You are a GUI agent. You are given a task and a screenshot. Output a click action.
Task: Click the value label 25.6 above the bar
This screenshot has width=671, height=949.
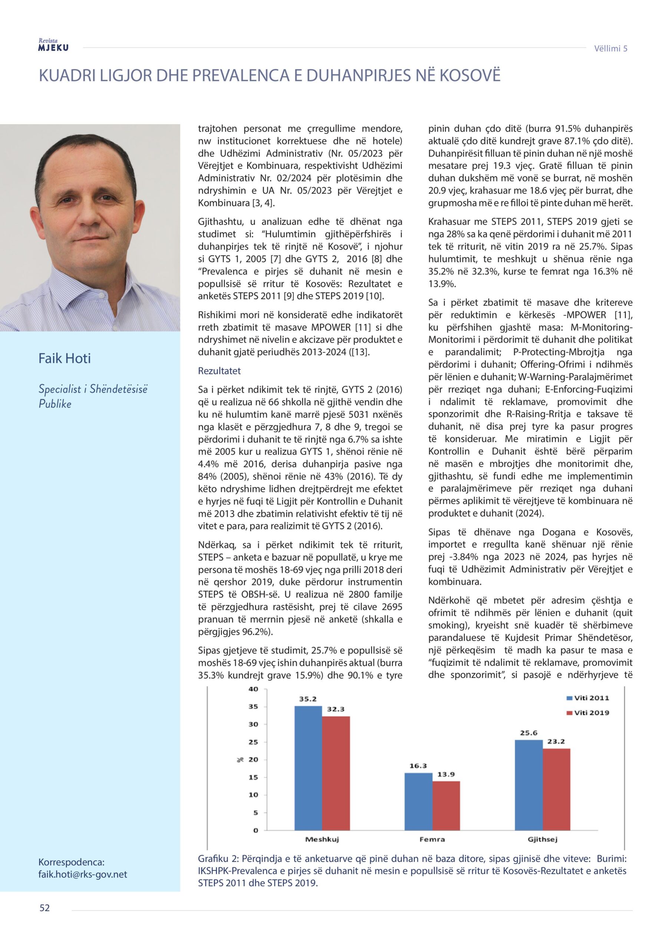click(528, 733)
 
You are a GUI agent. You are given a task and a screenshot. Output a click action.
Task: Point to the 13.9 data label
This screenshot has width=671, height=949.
click(446, 774)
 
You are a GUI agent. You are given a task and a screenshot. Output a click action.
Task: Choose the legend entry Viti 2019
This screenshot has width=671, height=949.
click(588, 712)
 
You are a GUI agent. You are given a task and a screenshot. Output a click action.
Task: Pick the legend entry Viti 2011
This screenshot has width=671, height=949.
click(588, 698)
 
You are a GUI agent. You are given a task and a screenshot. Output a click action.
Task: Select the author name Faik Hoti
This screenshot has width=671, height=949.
click(65, 358)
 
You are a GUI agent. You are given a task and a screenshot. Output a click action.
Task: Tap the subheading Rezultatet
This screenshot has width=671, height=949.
click(219, 371)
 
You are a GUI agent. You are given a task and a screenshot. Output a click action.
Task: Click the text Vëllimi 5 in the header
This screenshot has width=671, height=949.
click(611, 48)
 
